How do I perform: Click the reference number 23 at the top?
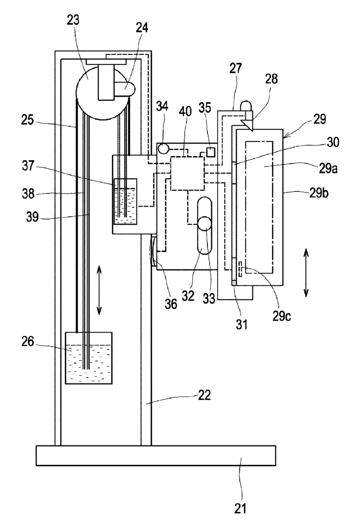pos(73,20)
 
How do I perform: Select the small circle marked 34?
pos(163,148)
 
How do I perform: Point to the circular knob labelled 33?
pos(205,223)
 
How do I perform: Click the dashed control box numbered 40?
pos(187,174)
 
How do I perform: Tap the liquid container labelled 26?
pos(89,358)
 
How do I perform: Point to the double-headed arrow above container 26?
pos(99,291)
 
